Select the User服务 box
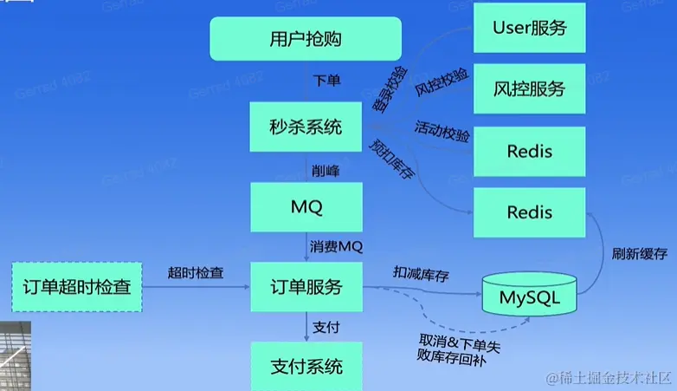(x=529, y=27)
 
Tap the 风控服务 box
(x=529, y=88)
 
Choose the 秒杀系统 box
(x=306, y=128)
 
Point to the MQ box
(x=306, y=207)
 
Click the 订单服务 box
(x=306, y=287)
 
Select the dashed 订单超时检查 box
(x=75, y=286)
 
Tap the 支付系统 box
(x=306, y=365)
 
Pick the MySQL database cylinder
(x=530, y=297)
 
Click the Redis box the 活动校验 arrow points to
(x=529, y=151)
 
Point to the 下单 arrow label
(x=326, y=81)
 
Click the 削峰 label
(x=326, y=171)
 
